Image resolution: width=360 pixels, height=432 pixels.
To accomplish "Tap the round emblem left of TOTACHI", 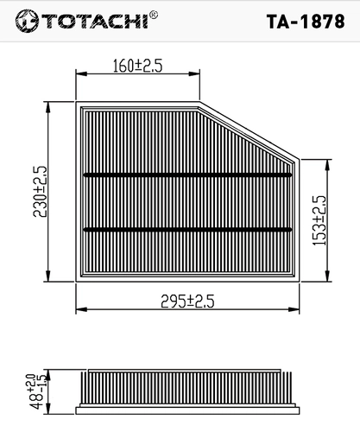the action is [27, 21].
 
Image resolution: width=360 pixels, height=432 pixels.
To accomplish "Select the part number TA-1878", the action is [306, 22].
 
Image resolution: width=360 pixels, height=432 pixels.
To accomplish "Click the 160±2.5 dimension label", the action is [137, 66].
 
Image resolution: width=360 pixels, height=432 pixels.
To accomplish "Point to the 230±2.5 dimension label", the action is [40, 192].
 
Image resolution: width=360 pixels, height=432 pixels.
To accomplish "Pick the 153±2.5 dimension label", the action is [319, 220].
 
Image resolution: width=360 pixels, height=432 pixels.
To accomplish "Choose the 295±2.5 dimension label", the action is [187, 302].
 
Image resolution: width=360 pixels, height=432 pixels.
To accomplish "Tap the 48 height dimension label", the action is [37, 391].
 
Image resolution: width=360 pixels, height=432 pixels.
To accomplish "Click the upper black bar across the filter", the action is [187, 175].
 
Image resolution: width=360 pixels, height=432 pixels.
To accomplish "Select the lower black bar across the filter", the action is [187, 229].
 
